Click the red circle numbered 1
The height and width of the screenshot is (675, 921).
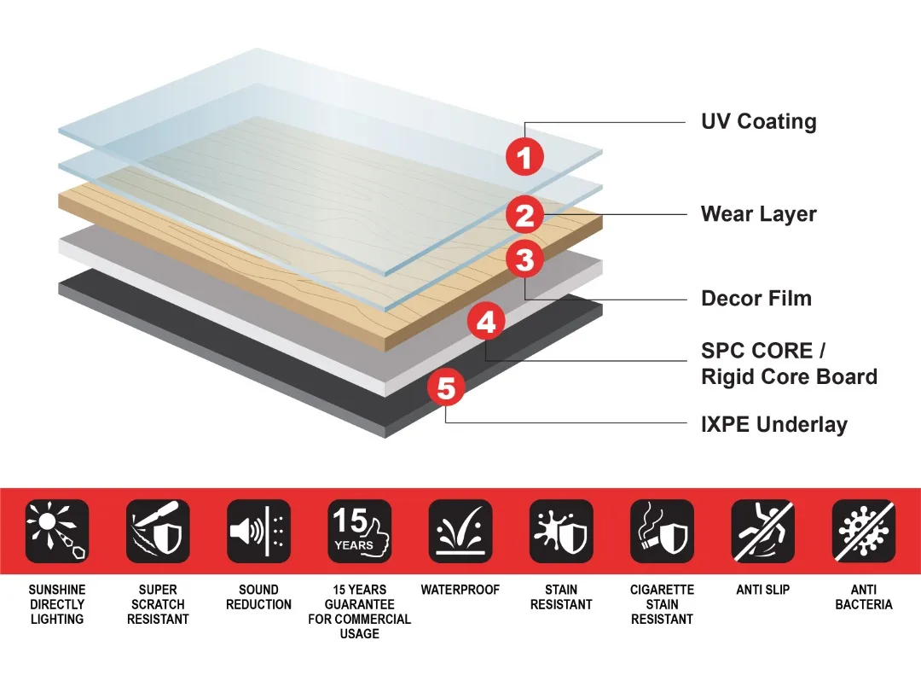point(524,156)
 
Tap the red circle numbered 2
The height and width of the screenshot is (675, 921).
point(524,215)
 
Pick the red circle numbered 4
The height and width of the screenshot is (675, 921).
point(485,323)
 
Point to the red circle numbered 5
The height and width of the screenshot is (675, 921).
point(446,388)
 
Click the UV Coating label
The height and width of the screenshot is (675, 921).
point(758,121)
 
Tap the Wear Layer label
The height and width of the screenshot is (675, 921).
point(758,213)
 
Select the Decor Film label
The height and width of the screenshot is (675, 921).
point(756,298)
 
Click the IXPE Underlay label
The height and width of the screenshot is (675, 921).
point(773,424)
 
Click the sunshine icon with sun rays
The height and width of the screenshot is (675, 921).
point(57,532)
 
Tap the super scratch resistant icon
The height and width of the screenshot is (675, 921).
point(158,532)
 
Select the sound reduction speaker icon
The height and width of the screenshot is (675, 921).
point(258,532)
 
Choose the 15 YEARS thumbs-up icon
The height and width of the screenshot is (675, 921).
point(359,532)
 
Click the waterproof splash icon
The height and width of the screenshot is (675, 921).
point(460,532)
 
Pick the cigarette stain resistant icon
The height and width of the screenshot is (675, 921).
point(662,532)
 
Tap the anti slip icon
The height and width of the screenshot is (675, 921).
point(762,532)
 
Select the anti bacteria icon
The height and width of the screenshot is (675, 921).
point(863,532)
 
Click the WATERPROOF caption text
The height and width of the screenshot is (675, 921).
point(460,590)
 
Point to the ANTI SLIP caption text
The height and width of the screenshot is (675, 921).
point(762,590)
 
